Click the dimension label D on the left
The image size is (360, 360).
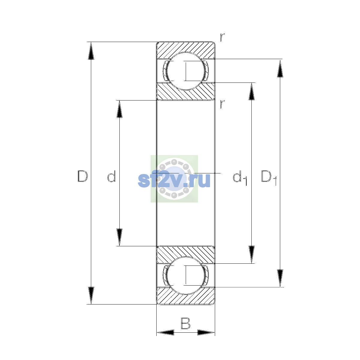82,176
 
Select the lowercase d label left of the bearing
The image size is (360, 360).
112,176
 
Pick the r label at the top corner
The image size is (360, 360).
222,37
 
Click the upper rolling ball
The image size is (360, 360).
186,71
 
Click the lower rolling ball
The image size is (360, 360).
186,276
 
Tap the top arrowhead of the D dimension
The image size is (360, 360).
91,51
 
